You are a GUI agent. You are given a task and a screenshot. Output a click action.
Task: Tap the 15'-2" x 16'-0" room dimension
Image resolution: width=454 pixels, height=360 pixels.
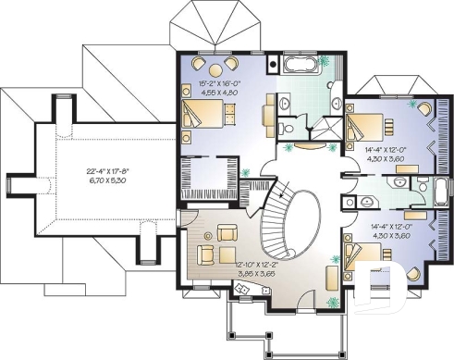pyautogui.click(x=220, y=84)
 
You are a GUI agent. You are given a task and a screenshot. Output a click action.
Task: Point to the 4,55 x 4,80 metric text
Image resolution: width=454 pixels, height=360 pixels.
pyautogui.click(x=220, y=93)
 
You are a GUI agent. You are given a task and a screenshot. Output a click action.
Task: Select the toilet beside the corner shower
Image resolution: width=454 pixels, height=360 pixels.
pyautogui.click(x=288, y=128)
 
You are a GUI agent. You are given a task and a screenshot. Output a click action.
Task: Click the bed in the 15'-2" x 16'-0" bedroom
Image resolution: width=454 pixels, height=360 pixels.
pyautogui.click(x=204, y=116)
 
